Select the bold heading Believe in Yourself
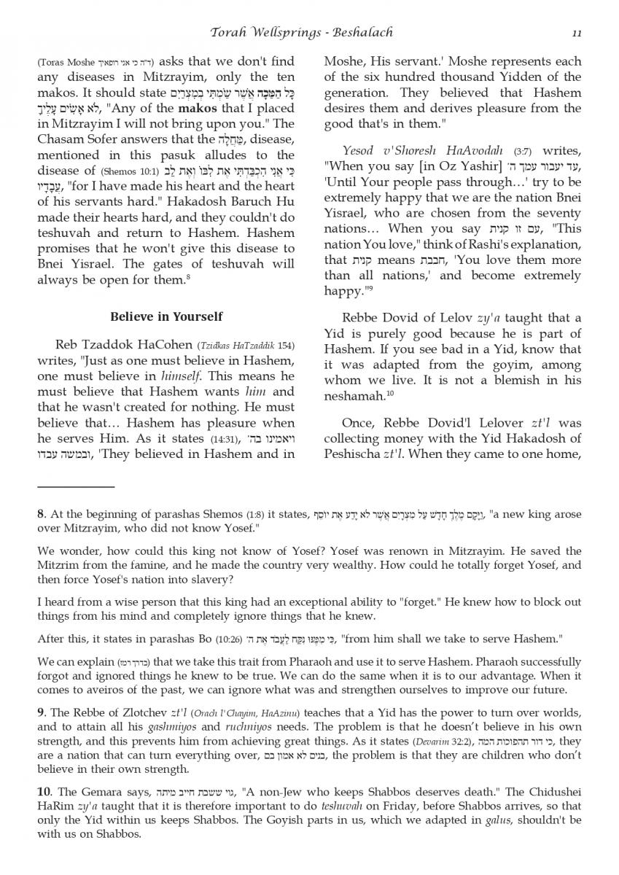tap(166, 316)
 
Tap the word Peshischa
tap(352, 454)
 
